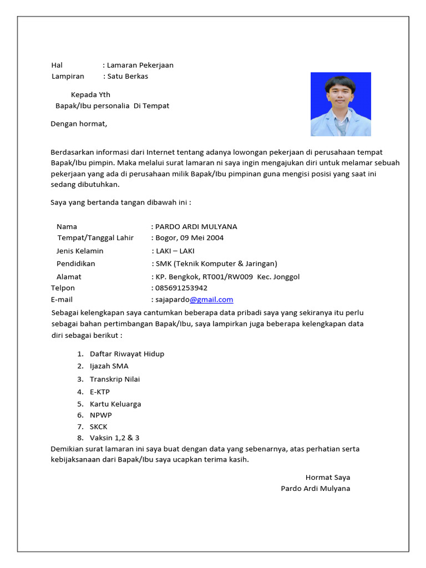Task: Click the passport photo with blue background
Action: tap(341, 104)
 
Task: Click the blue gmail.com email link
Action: tap(211, 300)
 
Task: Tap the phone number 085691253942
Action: tap(181, 288)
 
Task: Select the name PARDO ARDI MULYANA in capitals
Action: tap(196, 226)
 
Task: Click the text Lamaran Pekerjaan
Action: tap(140, 65)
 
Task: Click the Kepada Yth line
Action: tap(90, 95)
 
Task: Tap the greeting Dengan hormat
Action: tap(79, 124)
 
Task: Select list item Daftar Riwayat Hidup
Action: tap(127, 354)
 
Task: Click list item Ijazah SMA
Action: tap(109, 366)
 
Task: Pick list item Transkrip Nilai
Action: tap(115, 379)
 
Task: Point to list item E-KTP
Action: tap(100, 392)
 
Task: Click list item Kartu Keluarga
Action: tap(115, 404)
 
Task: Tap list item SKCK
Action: tap(99, 427)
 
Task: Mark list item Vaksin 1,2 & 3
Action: tap(115, 438)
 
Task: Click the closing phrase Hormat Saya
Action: tap(327, 477)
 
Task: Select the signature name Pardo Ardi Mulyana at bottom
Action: tap(315, 489)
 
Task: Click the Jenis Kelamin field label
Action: tap(80, 251)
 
